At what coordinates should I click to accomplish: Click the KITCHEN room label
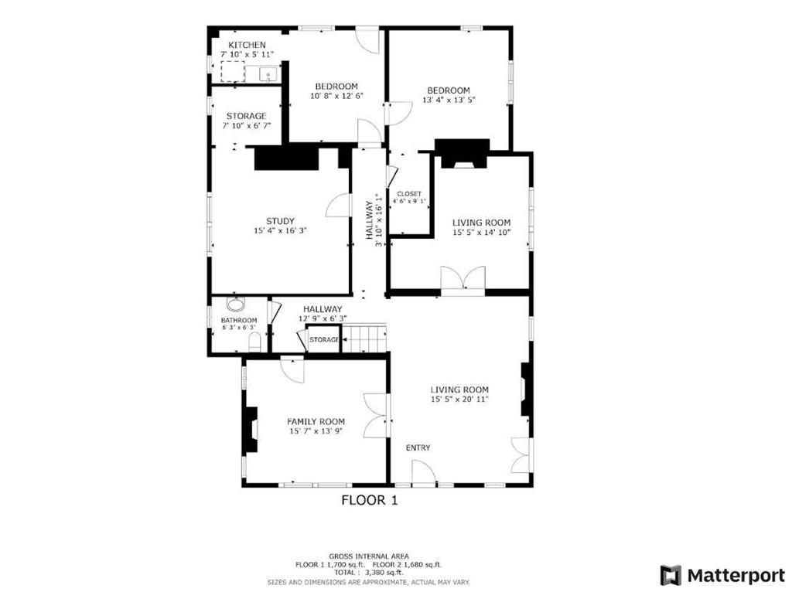coord(247,46)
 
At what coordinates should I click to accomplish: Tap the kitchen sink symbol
coord(268,74)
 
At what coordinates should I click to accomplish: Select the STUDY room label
coord(280,221)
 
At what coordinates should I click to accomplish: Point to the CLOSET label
coord(409,194)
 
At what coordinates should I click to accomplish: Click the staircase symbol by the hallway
coord(364,338)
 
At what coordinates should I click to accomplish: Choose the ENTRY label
coord(418,448)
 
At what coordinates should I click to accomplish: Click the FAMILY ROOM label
coord(316,421)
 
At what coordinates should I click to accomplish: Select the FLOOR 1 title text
coord(369,501)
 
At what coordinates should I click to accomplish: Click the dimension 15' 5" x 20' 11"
coord(460,400)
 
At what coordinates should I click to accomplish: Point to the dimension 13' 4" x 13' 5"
coord(449,100)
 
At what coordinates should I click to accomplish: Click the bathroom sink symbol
coord(235,305)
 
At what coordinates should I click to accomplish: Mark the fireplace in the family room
coord(251,430)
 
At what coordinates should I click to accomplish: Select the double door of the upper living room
coord(463,278)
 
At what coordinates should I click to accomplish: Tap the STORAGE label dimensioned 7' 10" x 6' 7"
coord(246,116)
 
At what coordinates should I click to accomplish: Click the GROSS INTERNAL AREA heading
coord(369,556)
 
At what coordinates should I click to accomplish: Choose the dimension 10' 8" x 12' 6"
coord(336,96)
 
